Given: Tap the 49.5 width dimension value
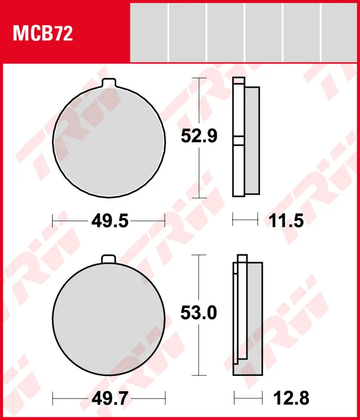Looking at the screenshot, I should [x=109, y=221].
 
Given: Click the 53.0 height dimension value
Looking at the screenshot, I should [x=199, y=313].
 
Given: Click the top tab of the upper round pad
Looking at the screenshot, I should [x=109, y=82].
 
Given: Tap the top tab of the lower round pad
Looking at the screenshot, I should [x=109, y=259].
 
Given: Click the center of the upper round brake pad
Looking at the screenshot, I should [x=109, y=142].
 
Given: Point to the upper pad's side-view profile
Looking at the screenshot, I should [x=246, y=139].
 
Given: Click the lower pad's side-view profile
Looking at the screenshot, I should [x=248, y=318].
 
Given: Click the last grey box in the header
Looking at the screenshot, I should [x=340, y=31].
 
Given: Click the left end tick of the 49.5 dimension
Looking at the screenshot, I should [x=53, y=220].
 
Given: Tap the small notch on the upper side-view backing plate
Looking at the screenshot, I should [x=239, y=141].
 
